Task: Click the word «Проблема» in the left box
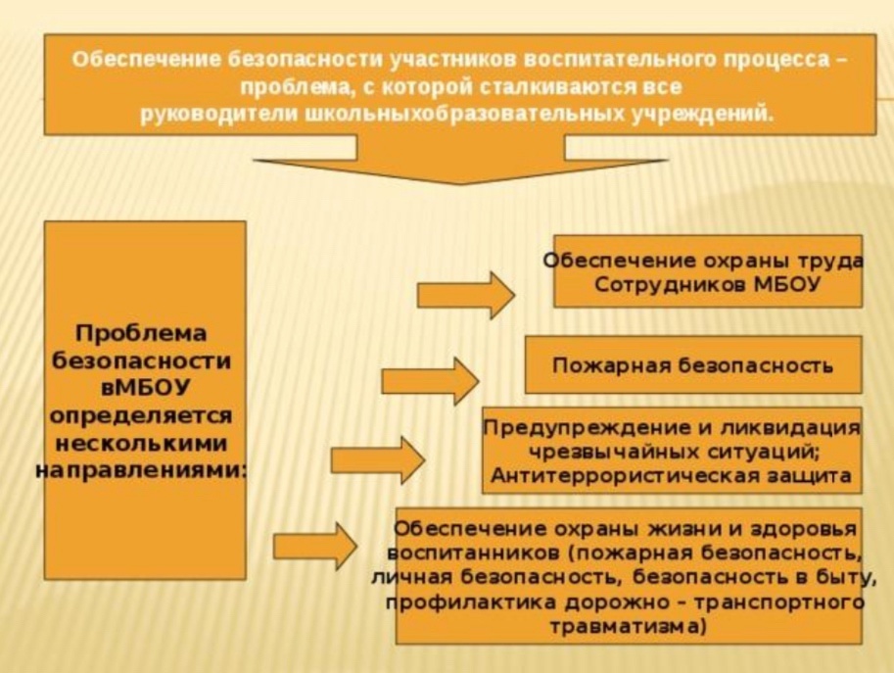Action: click(x=141, y=334)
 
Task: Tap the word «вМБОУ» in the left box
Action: click(x=145, y=388)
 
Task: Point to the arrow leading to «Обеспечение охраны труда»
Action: click(x=466, y=295)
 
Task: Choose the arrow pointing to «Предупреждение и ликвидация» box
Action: click(x=378, y=459)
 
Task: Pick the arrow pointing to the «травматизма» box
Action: click(x=316, y=547)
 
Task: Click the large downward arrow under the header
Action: click(x=460, y=160)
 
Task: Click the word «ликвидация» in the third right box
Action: click(x=790, y=427)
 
